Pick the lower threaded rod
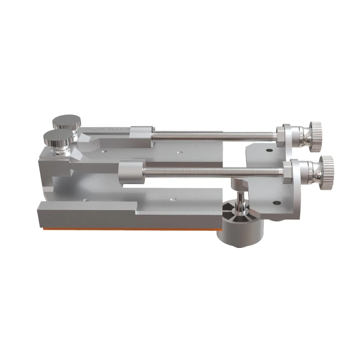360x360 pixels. (211, 170)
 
